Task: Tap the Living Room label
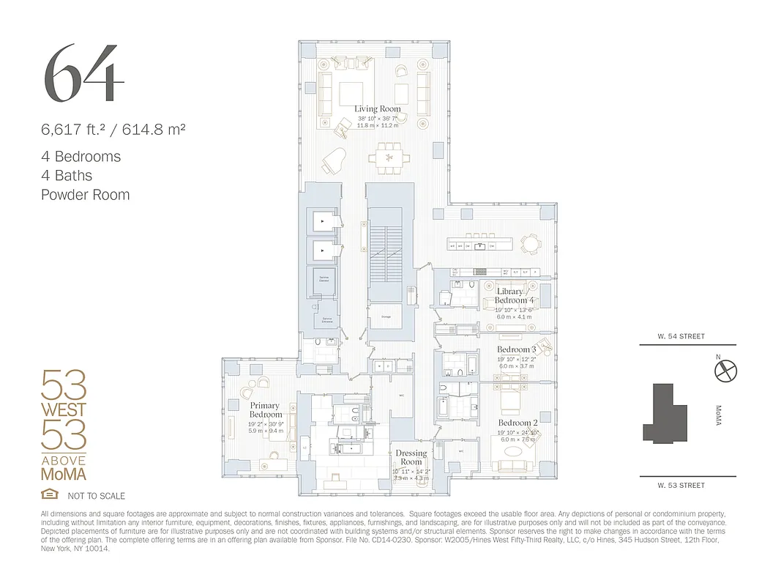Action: click(x=378, y=109)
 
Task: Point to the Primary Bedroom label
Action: click(x=264, y=409)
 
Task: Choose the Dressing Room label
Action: click(x=411, y=457)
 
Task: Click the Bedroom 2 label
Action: click(x=518, y=423)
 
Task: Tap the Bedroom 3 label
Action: click(x=517, y=350)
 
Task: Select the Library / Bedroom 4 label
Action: click(x=514, y=296)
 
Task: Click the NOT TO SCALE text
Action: click(x=96, y=496)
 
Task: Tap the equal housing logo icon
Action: click(x=49, y=494)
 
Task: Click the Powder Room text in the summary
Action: click(x=86, y=195)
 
